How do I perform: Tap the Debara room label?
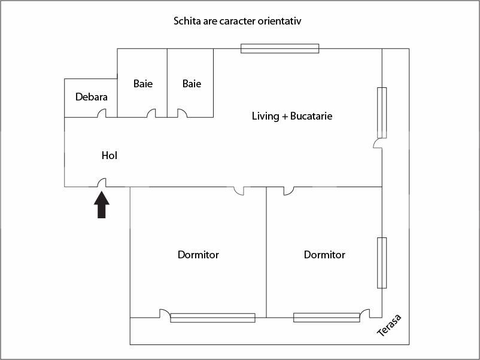(x=92, y=97)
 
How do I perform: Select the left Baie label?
(x=143, y=84)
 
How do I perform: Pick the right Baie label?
(x=192, y=84)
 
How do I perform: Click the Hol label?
(x=110, y=155)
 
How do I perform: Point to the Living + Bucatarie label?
(x=292, y=116)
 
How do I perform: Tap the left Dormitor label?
(x=198, y=255)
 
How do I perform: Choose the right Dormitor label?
(x=324, y=255)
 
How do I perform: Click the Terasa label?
(x=388, y=325)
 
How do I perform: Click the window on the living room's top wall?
(x=280, y=48)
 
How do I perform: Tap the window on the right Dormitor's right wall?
(x=382, y=263)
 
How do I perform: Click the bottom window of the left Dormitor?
(x=212, y=318)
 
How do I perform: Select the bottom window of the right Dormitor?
(x=326, y=318)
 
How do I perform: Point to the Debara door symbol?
(x=102, y=114)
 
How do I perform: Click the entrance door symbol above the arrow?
(x=102, y=182)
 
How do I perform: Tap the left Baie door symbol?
(x=151, y=114)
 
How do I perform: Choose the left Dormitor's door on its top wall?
(x=239, y=191)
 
